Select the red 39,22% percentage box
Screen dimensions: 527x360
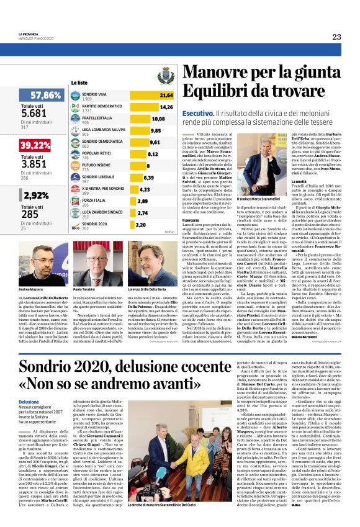point(35,145)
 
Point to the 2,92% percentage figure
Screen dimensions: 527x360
point(34,195)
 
